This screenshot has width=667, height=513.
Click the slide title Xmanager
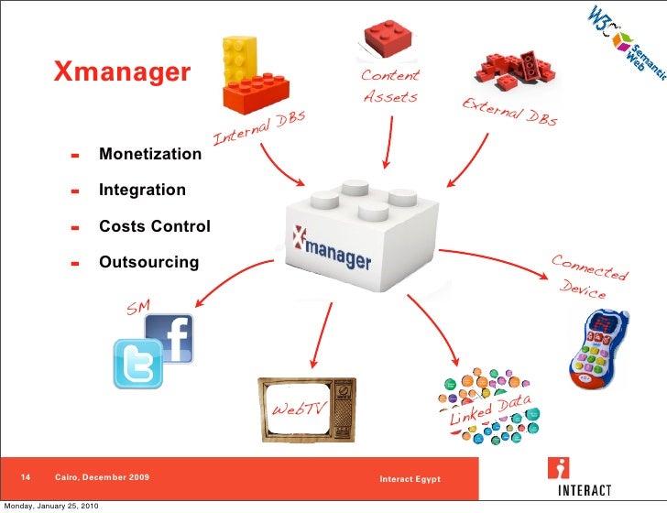point(122,71)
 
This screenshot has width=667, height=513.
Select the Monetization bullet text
point(150,154)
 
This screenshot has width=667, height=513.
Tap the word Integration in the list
point(142,190)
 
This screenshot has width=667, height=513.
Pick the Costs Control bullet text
point(155,226)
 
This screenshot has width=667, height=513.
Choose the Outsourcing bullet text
point(148,262)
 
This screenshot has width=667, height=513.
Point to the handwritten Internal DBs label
point(258,131)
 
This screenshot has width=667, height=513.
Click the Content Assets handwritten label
point(390,86)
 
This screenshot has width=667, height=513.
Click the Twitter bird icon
point(137,363)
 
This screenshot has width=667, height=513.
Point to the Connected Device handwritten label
point(588,276)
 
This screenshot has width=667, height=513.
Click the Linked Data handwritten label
point(489,407)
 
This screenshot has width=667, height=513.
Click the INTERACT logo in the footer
point(578,476)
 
